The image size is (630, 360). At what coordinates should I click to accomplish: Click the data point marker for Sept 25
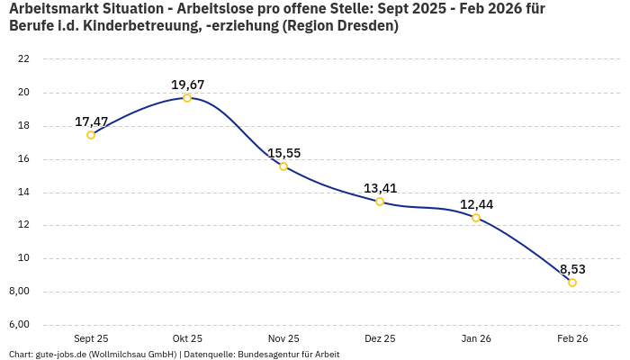click(91, 135)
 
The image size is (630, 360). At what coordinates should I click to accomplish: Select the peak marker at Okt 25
click(187, 98)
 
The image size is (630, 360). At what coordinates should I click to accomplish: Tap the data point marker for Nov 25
click(283, 166)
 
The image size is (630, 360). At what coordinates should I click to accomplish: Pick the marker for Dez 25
click(380, 202)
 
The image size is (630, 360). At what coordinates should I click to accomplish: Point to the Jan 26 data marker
click(476, 218)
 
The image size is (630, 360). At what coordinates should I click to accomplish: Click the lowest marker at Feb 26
click(572, 283)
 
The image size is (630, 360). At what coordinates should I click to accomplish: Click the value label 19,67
click(187, 85)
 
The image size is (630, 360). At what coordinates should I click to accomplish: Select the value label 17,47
click(91, 121)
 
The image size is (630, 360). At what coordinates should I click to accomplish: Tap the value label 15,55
click(283, 153)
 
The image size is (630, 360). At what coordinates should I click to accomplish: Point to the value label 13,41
click(380, 188)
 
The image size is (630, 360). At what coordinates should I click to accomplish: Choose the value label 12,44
click(476, 204)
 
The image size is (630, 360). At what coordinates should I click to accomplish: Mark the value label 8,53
click(572, 269)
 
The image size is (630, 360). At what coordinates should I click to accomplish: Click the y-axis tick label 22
click(24, 59)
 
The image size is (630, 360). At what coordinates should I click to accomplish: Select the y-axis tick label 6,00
click(20, 325)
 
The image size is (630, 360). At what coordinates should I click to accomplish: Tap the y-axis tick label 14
click(24, 193)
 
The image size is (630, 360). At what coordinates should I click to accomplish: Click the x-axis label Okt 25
click(187, 338)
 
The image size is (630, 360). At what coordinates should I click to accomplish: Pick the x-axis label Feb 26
click(572, 338)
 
